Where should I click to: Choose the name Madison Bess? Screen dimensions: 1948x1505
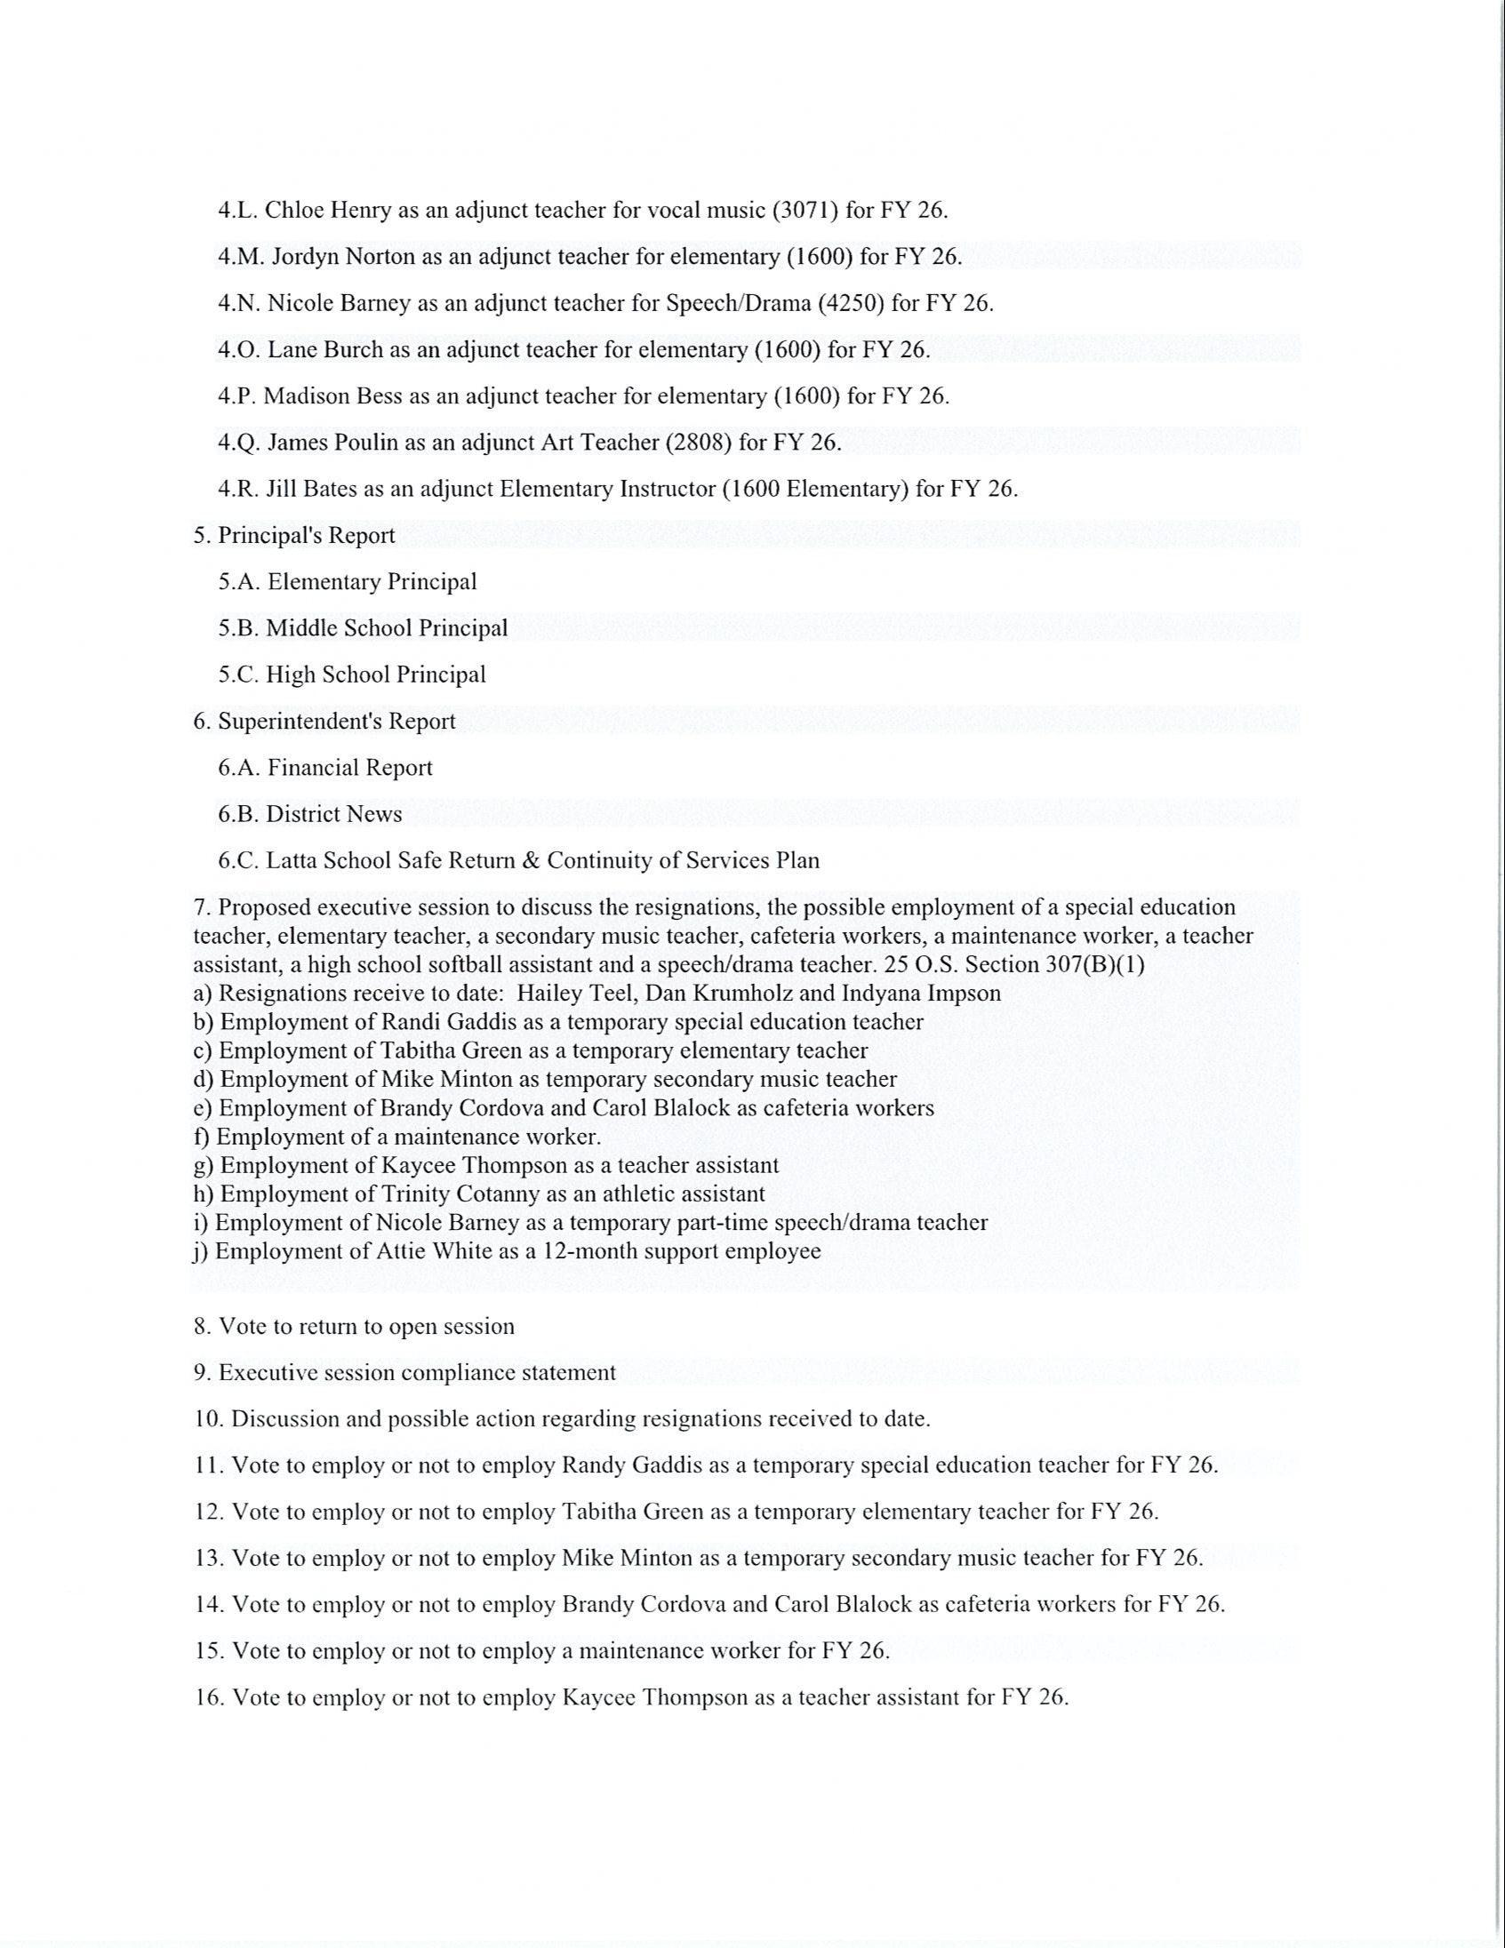pyautogui.click(x=332, y=396)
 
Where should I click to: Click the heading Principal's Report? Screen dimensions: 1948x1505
pyautogui.click(x=306, y=535)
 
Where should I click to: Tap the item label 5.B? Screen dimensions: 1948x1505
pyautogui.click(x=238, y=628)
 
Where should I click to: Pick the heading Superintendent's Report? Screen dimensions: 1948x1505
pyautogui.click(x=336, y=721)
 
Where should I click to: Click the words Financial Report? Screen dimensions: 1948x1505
pyautogui.click(x=349, y=767)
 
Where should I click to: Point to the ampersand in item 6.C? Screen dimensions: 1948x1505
pyautogui.click(x=533, y=861)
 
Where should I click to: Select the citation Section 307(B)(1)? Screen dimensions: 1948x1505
pyautogui.click(x=1055, y=964)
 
